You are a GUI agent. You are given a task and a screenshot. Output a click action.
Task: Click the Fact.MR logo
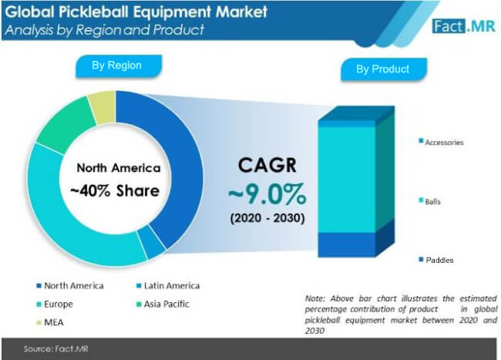coord(464,26)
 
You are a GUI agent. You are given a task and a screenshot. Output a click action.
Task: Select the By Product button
coord(383,69)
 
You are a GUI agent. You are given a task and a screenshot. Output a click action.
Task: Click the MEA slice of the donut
coord(103,107)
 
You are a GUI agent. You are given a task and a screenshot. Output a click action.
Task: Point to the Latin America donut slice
coord(153,242)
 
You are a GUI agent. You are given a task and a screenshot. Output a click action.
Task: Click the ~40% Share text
coord(115,191)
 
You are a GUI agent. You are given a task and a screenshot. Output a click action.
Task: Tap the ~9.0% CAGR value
coord(267,194)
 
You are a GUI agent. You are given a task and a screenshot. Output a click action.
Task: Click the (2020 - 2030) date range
coord(267,218)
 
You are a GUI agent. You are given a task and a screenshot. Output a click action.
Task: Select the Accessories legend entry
coord(441,142)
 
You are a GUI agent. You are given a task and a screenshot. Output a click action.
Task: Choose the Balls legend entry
coord(430,201)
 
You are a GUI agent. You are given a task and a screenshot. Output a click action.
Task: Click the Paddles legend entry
coord(436,260)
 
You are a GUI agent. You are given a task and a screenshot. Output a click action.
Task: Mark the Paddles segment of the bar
coord(347,244)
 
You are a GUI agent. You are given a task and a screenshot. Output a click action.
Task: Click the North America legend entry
coord(70,285)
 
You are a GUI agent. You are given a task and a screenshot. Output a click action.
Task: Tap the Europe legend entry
coord(55,304)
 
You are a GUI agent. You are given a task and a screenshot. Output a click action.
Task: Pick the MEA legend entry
coord(50,322)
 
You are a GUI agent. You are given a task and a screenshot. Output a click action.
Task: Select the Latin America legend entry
coord(168,285)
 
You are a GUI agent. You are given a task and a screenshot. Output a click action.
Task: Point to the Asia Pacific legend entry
coord(163,304)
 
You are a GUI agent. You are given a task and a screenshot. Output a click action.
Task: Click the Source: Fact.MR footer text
coord(56,348)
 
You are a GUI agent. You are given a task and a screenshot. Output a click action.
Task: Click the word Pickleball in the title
coord(94,12)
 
